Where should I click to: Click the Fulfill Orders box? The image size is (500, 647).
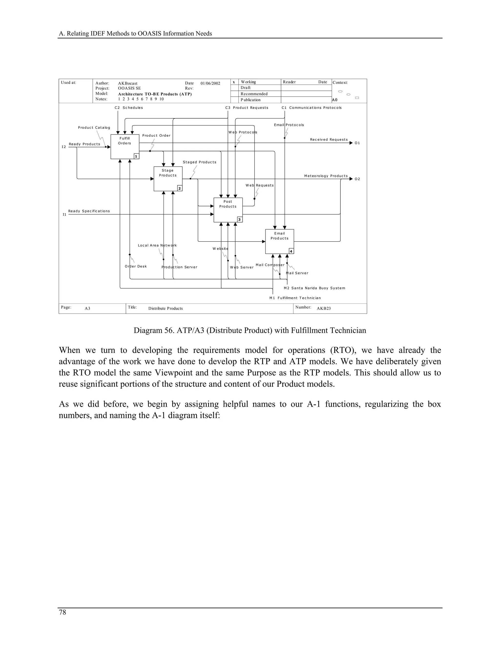click(125, 147)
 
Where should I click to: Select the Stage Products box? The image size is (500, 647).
click(168, 179)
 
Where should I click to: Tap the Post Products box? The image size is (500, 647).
click(228, 210)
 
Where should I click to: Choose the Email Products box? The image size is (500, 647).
click(279, 241)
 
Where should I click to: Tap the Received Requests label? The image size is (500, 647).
click(329, 139)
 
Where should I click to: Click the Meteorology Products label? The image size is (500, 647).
click(326, 176)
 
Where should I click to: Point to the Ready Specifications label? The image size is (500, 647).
click(89, 211)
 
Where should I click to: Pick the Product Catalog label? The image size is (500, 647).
click(94, 128)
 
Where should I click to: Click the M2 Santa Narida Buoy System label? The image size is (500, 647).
click(314, 288)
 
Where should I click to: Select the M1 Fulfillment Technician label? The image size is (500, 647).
click(295, 298)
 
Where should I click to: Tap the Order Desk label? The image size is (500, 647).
click(136, 266)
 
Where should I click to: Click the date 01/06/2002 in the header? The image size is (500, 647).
click(210, 83)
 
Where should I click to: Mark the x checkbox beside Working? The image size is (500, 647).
click(234, 82)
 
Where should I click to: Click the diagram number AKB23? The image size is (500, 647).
click(323, 308)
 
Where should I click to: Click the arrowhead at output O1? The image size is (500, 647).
click(351, 143)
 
